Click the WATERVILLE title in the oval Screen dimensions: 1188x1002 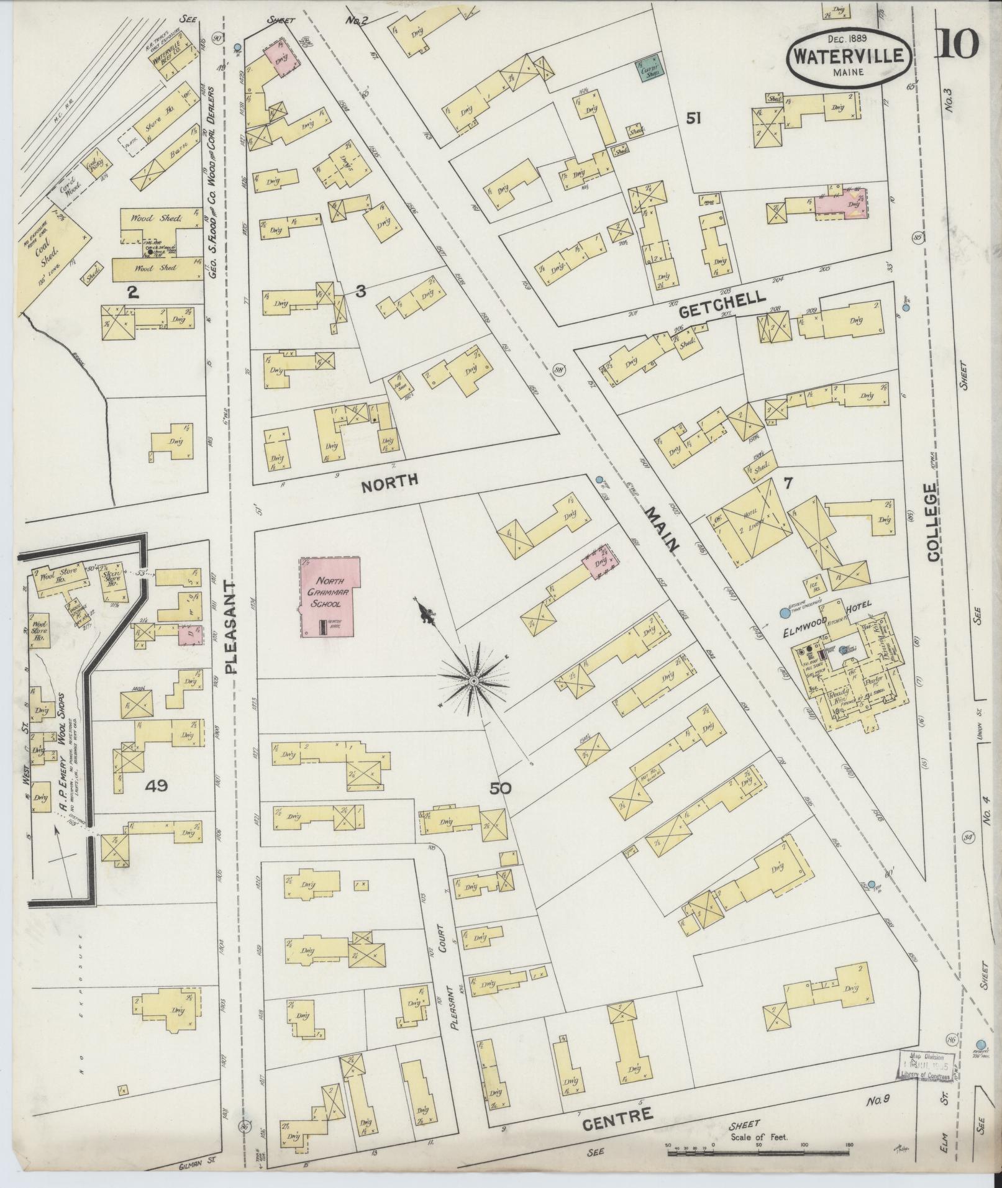coord(850,56)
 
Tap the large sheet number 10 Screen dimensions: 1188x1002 coord(957,43)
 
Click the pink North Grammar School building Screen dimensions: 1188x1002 coord(330,596)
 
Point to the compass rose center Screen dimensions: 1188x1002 coord(473,682)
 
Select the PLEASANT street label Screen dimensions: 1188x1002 coord(231,628)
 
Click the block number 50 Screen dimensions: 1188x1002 coord(500,789)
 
